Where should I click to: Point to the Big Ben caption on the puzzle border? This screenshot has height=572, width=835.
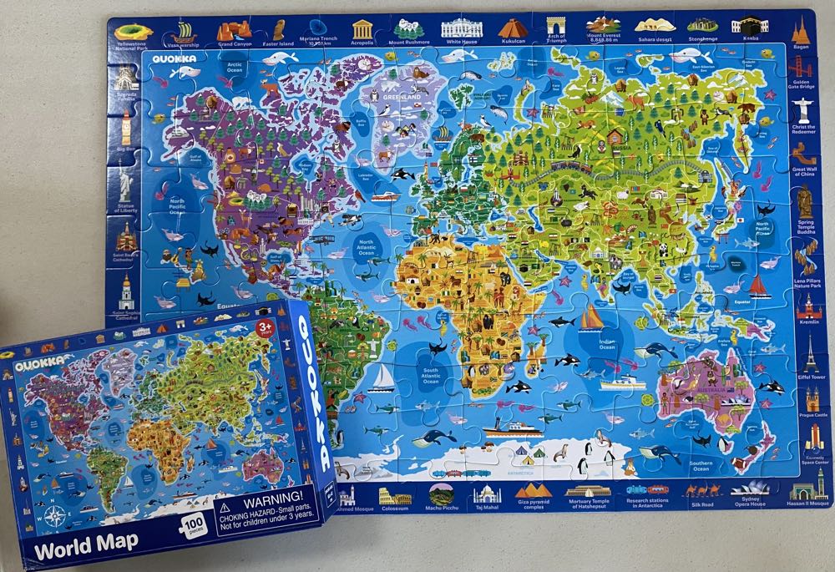click(x=126, y=149)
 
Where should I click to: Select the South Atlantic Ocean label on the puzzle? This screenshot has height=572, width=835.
click(x=430, y=376)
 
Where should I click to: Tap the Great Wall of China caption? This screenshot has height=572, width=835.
click(x=804, y=173)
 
